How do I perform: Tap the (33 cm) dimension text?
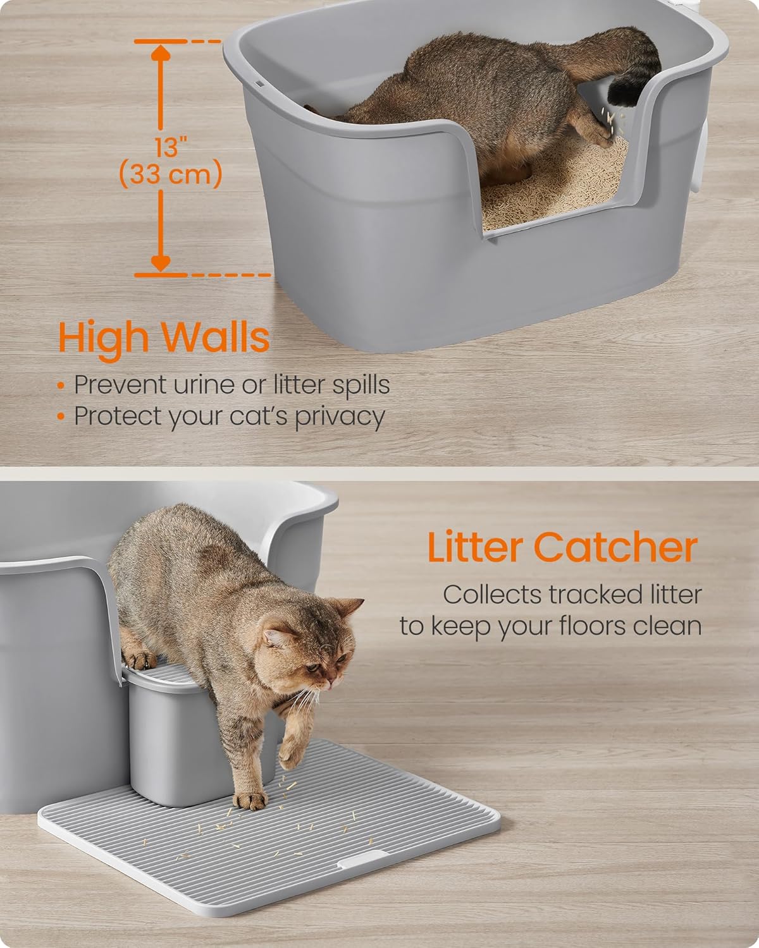click(171, 174)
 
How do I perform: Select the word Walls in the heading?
click(216, 337)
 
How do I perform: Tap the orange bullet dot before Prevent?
click(61, 386)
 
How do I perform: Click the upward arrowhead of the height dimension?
click(161, 53)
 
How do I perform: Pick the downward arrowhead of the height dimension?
click(161, 264)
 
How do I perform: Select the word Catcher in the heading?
click(615, 547)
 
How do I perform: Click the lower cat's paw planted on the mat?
click(250, 799)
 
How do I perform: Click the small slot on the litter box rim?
click(260, 83)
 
